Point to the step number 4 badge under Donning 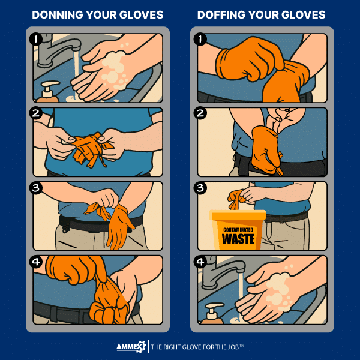(37, 263)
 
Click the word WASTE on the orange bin (238, 239)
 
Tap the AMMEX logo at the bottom (131, 347)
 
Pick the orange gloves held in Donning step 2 (89, 146)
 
